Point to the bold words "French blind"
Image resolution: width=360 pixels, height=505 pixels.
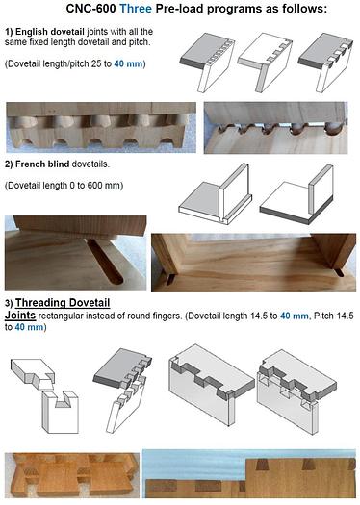(x=49, y=163)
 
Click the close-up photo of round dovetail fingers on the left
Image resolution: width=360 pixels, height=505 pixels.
(x=98, y=129)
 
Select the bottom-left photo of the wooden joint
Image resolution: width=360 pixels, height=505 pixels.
(x=68, y=477)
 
